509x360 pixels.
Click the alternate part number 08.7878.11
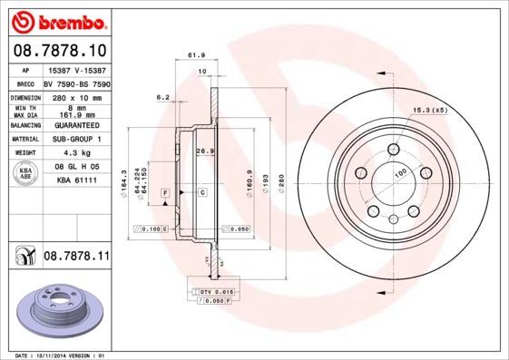pyautogui.click(x=76, y=258)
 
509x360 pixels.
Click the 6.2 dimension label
pyautogui.click(x=163, y=96)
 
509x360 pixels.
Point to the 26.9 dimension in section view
pyautogui.click(x=204, y=151)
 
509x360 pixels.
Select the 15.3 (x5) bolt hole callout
pyautogui.click(x=431, y=111)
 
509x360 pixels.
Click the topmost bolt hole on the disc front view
pyautogui.click(x=394, y=150)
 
